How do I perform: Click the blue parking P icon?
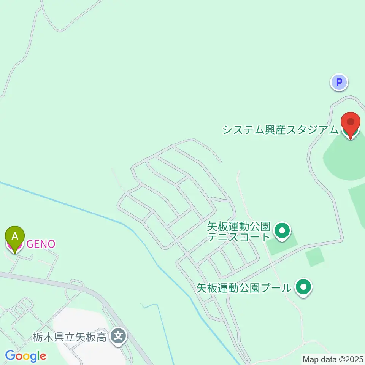coord(339,82)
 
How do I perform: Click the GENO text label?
coord(40,244)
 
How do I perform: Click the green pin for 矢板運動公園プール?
coord(303,287)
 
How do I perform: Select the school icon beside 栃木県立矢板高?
coord(119,336)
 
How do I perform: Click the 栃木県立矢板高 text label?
coord(69,337)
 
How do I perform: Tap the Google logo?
coord(25,356)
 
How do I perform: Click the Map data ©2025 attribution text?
coord(333,359)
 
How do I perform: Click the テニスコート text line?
coord(238,238)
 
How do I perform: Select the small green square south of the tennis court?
coord(315,257)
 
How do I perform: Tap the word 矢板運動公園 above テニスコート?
coord(238,227)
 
